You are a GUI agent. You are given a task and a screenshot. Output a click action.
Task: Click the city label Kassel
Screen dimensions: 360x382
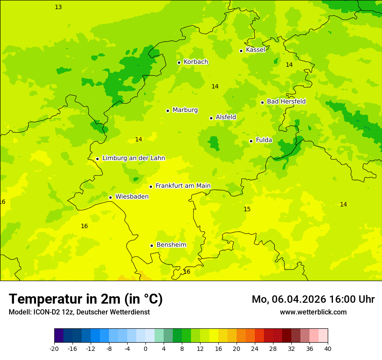[x=255, y=50]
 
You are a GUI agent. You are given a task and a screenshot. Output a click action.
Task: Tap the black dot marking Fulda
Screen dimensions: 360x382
[x=251, y=141]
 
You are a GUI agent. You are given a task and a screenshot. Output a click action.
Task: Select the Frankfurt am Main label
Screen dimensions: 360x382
[x=183, y=186]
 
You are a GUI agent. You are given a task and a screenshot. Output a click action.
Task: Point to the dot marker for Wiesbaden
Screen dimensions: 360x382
[x=111, y=197]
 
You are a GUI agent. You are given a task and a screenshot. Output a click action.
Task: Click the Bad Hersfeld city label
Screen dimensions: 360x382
[x=286, y=101]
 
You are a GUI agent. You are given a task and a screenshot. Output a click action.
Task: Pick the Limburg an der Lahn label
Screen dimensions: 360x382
[x=133, y=158]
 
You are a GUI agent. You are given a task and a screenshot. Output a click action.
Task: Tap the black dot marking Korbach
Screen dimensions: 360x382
[x=179, y=62]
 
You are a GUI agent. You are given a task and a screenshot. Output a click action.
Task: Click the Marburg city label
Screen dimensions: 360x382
[x=185, y=110]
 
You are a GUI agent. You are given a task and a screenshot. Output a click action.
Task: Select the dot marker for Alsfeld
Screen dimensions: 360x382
[x=211, y=118]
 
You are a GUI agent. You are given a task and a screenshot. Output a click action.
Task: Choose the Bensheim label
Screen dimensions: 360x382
[x=171, y=245]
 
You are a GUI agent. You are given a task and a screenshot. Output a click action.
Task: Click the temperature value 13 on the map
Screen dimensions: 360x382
[x=58, y=7]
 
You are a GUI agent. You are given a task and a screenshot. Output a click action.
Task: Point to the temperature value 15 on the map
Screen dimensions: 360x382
[x=247, y=209]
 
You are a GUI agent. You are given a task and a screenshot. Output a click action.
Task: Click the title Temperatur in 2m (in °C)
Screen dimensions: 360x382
[x=86, y=299]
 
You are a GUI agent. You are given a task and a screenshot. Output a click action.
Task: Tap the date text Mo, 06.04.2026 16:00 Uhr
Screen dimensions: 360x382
[x=313, y=299]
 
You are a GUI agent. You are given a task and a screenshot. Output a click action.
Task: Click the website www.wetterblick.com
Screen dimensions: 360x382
[x=313, y=312]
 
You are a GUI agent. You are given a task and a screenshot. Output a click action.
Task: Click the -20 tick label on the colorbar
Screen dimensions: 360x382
[x=54, y=348]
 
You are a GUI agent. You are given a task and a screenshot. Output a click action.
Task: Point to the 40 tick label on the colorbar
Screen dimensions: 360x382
[x=328, y=348]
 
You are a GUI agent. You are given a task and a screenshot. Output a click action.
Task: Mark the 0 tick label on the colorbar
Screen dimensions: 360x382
[x=145, y=348]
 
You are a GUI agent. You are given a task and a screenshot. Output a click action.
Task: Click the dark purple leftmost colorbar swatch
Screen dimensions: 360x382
[x=59, y=336]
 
